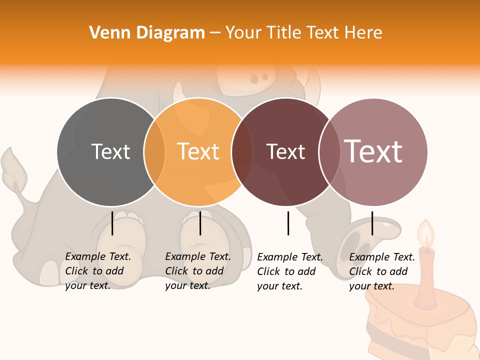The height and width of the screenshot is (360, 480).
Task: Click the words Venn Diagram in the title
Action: coord(147,33)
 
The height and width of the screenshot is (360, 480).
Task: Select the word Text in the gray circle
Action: coord(110,151)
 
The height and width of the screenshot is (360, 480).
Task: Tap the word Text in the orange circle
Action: coord(198,151)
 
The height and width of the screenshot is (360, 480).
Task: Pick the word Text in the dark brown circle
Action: coord(285,151)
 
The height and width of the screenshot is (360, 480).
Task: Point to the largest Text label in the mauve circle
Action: coord(373,151)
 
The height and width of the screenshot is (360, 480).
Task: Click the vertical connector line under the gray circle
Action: coord(112,223)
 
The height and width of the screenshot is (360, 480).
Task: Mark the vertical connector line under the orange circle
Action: coord(200,223)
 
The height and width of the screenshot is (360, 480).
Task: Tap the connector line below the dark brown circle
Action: coord(288,223)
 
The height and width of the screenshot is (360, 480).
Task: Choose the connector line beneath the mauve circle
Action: coord(372,223)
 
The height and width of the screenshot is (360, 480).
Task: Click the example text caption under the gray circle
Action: coord(97,271)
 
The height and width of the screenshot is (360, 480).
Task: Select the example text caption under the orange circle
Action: coord(197,271)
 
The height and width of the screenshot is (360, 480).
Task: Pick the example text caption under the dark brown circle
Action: coord(289,271)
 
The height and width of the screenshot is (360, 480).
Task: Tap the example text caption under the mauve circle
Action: coord(381,271)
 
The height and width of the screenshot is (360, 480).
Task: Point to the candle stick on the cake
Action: coord(426,275)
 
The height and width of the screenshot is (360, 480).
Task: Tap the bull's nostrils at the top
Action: coord(258,78)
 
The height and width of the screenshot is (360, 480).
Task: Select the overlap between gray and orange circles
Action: coord(155,151)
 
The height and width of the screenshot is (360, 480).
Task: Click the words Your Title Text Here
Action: coord(304,33)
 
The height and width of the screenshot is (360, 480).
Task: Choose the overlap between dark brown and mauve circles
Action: coord(329,151)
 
